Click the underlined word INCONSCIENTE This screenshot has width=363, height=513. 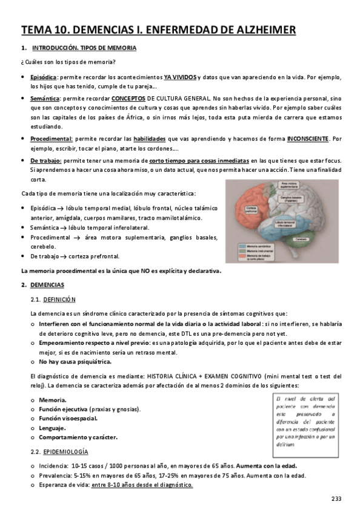(308, 139)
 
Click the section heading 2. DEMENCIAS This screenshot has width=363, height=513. (47, 284)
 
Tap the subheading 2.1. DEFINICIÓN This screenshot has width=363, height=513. (60, 299)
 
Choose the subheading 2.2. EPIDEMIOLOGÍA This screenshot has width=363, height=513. (67, 452)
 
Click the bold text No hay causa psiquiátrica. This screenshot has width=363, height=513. (75, 362)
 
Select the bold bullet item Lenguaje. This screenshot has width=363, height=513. (53, 428)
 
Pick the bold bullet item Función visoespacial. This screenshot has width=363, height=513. (68, 418)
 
